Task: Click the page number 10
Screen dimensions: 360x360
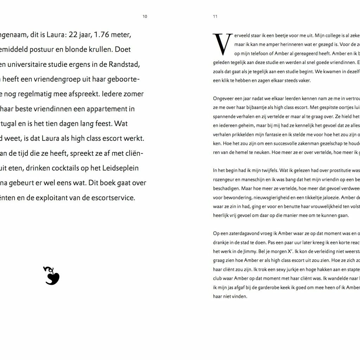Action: point(145,17)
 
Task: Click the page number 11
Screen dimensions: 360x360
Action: point(215,17)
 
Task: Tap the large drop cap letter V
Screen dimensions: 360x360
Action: point(223,44)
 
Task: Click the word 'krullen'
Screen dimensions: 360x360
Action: point(100,50)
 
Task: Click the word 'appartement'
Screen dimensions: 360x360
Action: point(113,109)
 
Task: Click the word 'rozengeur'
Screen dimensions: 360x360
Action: point(223,179)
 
